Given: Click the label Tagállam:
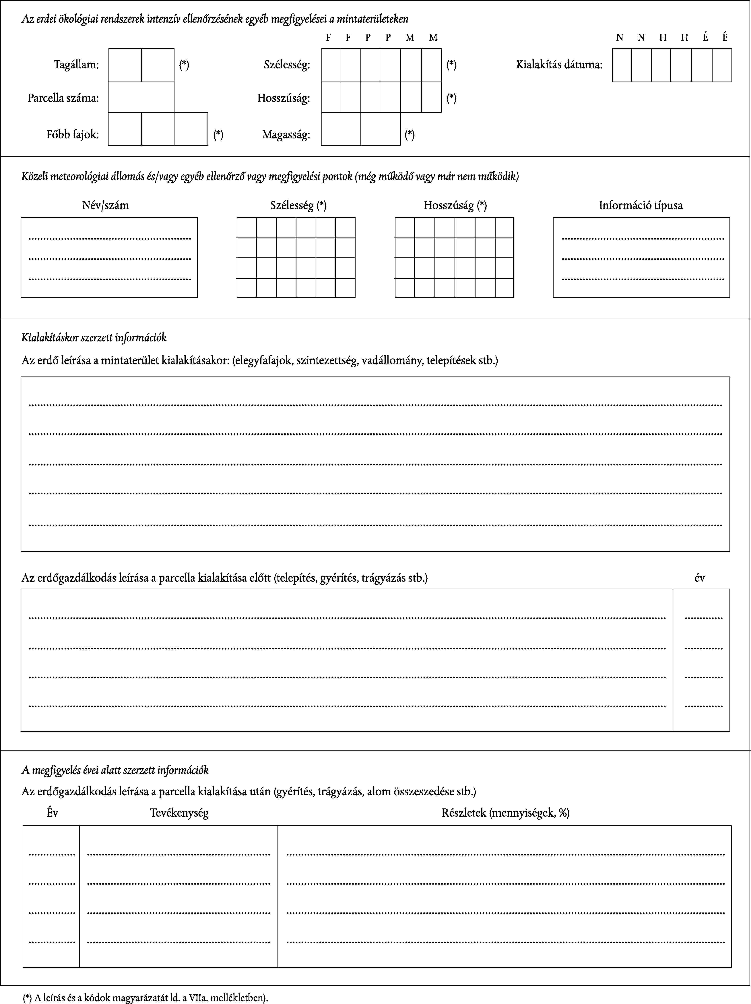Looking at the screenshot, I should pyautogui.click(x=76, y=64).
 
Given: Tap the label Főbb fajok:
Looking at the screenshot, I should pyautogui.click(x=73, y=134).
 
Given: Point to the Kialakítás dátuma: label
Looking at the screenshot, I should pyautogui.click(x=559, y=64).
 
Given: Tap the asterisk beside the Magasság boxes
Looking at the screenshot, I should pyautogui.click(x=409, y=134).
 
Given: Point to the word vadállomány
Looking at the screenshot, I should pyautogui.click(x=391, y=361).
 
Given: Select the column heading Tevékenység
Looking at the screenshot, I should pyautogui.click(x=179, y=812).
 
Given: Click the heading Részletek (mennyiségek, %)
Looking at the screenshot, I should pyautogui.click(x=506, y=812).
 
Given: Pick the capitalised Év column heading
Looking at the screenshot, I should pyautogui.click(x=53, y=812).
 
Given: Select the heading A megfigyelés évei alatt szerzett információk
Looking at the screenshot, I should pyautogui.click(x=115, y=770).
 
